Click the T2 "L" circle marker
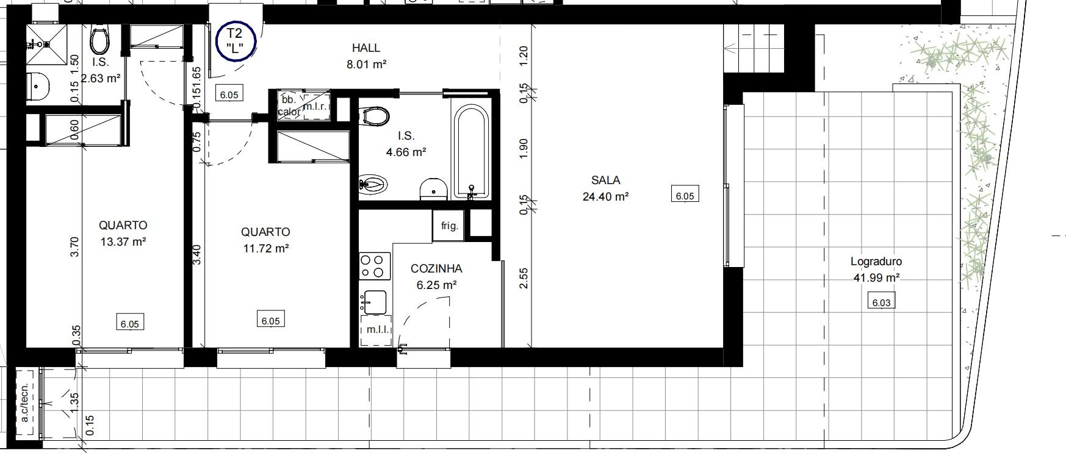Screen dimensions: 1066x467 (236, 41)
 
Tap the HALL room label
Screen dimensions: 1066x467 (366, 48)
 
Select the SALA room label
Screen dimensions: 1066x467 (605, 180)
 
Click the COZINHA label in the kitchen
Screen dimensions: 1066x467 (436, 269)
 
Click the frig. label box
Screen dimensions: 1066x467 (449, 226)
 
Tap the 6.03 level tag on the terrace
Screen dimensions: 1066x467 (881, 302)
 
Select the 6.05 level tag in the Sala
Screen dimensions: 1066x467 (684, 195)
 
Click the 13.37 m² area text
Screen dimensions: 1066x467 (123, 242)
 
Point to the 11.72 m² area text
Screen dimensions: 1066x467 (265, 249)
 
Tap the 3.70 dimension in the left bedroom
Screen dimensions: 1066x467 (75, 247)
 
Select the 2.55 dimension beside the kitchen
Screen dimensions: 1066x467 (524, 278)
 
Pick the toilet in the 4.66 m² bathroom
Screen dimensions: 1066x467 (375, 116)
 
